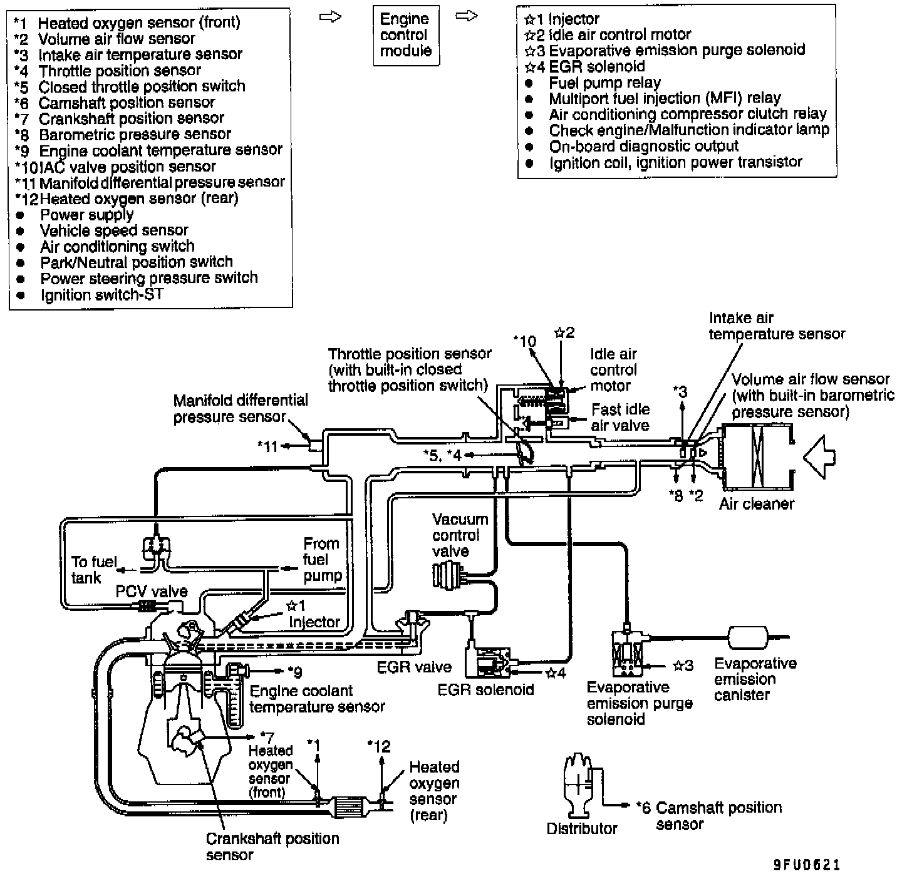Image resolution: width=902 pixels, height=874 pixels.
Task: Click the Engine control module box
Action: pos(405,35)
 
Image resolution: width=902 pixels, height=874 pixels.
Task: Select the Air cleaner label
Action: pos(756,504)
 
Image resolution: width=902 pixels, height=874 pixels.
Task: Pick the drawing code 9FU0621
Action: pos(806,865)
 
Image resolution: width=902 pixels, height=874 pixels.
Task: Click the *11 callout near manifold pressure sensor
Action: pos(267,446)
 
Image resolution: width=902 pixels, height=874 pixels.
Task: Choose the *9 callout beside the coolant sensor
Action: pos(294,672)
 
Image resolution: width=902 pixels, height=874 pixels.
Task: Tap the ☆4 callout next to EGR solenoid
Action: pos(556,673)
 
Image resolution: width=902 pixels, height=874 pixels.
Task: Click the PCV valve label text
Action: pos(151,592)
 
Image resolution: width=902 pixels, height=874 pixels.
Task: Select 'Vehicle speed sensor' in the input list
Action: pos(113,230)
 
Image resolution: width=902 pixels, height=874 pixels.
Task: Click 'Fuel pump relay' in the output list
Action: pos(604,83)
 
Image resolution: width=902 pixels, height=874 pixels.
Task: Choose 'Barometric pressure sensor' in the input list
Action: pos(135,134)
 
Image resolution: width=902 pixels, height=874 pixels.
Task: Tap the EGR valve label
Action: pos(414,667)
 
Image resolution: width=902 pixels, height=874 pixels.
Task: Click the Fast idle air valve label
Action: pos(620,417)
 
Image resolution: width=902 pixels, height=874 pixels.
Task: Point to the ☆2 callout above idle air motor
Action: pos(564,332)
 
